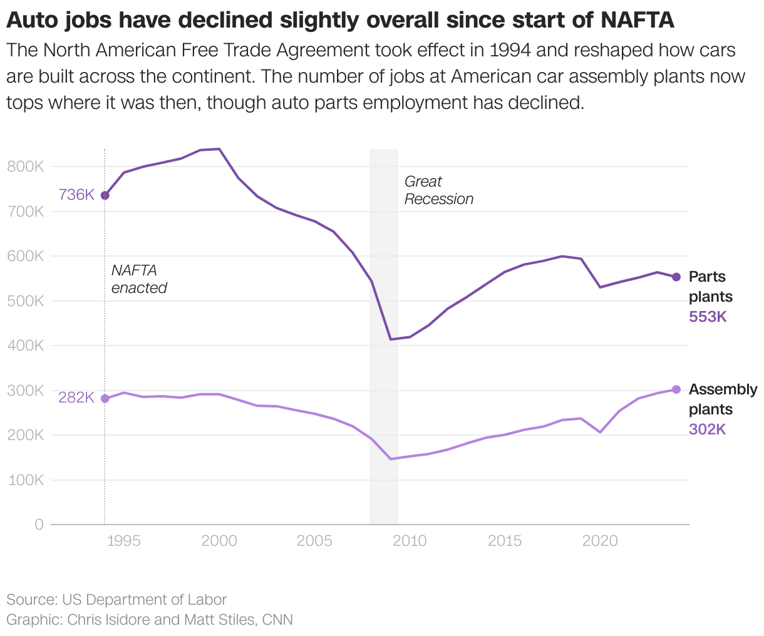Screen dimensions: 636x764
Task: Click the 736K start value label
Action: point(76,195)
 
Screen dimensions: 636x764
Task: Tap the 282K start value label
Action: point(76,397)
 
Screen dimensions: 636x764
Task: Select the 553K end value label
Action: point(708,317)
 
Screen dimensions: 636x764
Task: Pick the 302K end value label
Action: point(707,429)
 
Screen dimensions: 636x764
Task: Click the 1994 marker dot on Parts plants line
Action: point(105,195)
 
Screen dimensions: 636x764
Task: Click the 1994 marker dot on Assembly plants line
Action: point(105,399)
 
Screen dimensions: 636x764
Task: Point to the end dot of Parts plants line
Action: point(676,277)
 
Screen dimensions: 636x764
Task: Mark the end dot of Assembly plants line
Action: point(676,389)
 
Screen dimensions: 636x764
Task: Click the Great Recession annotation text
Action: point(438,190)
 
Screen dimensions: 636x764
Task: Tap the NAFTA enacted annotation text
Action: point(139,279)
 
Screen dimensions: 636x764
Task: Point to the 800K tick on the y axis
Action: point(25,167)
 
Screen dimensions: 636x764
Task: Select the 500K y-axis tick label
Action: point(25,301)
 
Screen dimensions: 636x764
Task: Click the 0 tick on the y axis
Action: point(39,525)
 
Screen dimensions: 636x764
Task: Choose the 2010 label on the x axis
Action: point(410,541)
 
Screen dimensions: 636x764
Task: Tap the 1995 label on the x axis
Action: point(123,541)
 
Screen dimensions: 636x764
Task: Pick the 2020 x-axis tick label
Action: point(600,541)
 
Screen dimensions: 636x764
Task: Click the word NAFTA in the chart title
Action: point(637,21)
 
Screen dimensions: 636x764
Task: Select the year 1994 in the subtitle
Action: point(505,49)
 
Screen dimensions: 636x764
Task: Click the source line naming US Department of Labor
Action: point(116,600)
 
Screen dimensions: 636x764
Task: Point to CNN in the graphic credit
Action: point(277,620)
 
